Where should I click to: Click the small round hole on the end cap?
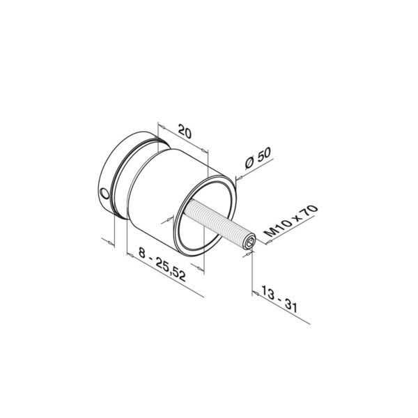[104, 192]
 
